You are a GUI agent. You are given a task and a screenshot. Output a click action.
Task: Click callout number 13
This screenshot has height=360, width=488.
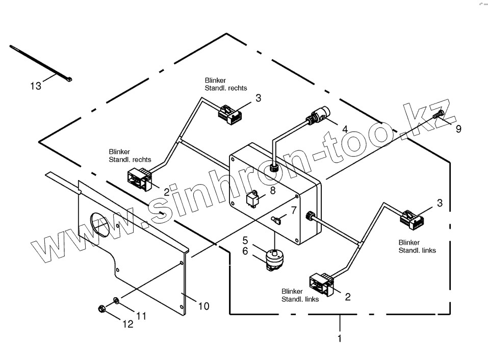pos(36,86)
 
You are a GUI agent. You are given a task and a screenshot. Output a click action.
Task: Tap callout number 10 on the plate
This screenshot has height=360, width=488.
pos(203,306)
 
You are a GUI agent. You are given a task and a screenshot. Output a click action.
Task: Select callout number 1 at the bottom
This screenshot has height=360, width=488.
pos(340,338)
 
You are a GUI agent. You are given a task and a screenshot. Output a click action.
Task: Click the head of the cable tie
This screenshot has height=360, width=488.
pos(68,80)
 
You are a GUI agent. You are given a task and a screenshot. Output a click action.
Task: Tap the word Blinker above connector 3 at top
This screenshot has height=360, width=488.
pos(215,81)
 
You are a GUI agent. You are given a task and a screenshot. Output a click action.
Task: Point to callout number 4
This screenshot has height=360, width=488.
pos(345,129)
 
